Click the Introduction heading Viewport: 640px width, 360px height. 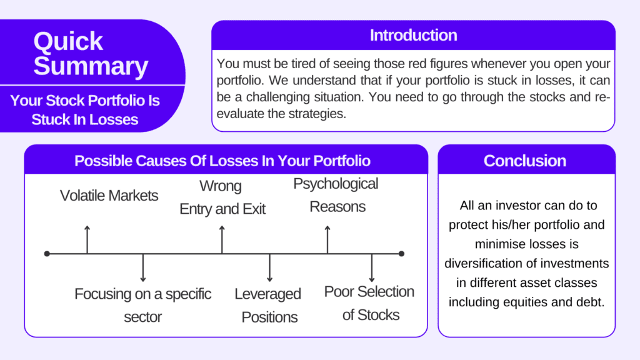[413, 35]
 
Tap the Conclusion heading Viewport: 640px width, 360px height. [524, 161]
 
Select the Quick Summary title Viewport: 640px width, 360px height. [91, 54]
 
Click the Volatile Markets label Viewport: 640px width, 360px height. [109, 196]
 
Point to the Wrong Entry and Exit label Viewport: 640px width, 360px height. [222, 197]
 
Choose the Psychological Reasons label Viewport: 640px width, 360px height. [336, 195]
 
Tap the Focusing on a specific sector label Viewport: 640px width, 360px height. [143, 305]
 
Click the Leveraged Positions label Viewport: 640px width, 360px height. [269, 305]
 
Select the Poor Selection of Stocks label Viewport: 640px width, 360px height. [369, 303]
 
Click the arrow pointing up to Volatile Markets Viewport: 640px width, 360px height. [87, 238]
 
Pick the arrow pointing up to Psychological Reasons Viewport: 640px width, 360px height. [327, 239]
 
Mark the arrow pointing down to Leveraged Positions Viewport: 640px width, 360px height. [269, 268]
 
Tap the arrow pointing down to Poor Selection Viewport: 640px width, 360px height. [372, 268]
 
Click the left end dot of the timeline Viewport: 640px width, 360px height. [47, 254]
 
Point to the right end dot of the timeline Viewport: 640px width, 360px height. [401, 254]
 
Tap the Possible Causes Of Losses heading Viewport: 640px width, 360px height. [222, 161]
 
